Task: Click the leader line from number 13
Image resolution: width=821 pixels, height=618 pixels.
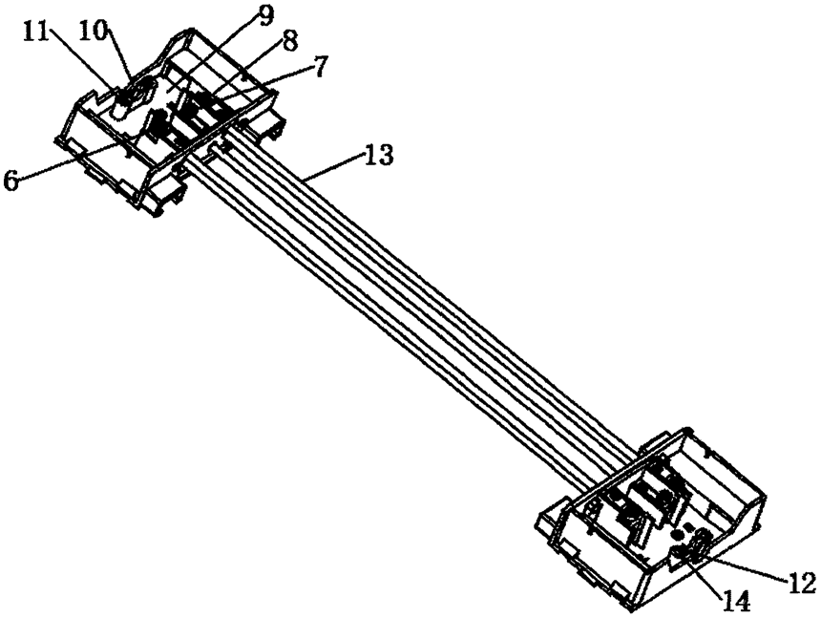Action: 334,166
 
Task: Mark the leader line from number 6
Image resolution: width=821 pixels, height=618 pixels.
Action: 76,159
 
